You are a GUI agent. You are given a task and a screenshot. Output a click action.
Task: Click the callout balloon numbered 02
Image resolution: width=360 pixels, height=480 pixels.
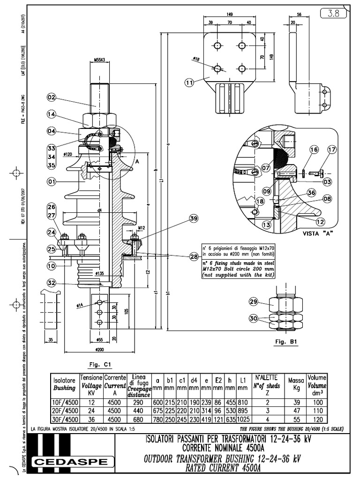52,97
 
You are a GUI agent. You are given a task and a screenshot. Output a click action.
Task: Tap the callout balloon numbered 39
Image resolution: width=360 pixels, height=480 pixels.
194,218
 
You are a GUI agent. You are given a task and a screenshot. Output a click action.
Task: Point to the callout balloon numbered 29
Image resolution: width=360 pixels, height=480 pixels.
254,301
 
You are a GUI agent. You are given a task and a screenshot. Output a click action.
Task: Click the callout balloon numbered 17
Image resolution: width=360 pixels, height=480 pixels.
332,150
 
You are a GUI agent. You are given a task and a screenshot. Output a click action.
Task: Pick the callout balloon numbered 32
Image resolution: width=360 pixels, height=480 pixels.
52,283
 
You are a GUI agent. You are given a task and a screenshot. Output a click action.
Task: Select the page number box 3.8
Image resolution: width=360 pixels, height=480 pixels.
333,14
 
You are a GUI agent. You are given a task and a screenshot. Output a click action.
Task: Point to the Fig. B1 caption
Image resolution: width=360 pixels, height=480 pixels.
287,342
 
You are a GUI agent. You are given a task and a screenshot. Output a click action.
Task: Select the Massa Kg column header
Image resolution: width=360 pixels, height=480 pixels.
296,383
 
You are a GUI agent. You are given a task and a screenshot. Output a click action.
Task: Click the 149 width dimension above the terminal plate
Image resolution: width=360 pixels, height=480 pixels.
230,14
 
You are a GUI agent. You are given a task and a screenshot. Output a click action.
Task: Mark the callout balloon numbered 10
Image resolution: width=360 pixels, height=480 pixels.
52,266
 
